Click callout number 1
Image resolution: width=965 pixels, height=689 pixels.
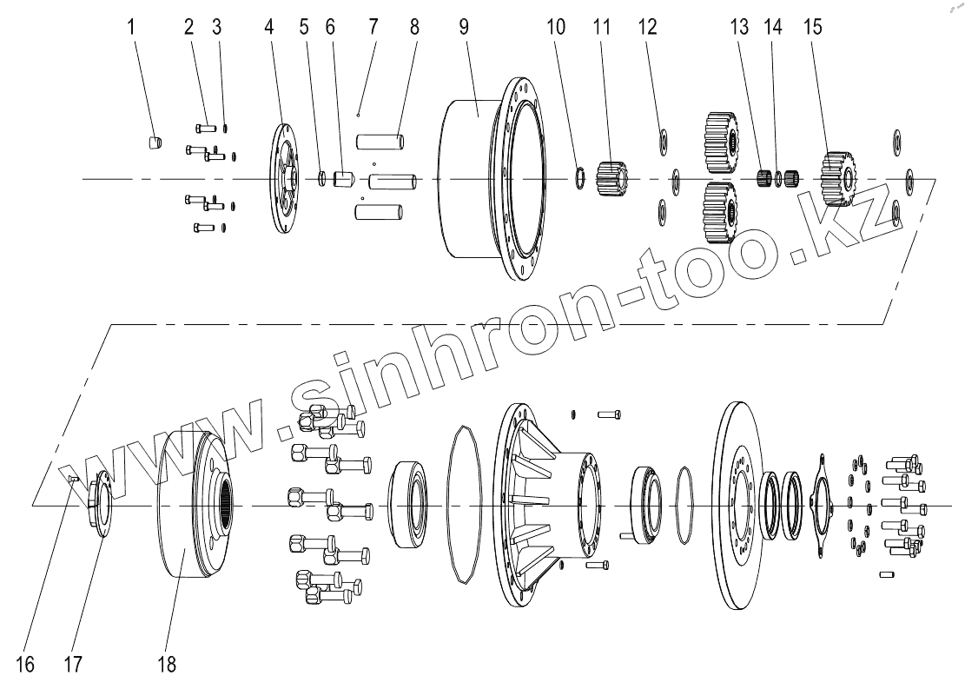(132, 26)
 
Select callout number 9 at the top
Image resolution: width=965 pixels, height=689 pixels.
(464, 26)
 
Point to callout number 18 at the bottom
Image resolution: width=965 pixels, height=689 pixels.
(167, 665)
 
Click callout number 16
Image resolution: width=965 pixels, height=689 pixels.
(25, 665)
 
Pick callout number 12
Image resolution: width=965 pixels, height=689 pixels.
(648, 26)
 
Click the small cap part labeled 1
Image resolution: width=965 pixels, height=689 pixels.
(154, 142)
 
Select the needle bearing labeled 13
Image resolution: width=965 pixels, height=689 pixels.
(765, 179)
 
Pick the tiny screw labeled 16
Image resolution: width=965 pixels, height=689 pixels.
(74, 478)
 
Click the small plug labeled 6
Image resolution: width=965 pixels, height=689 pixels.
(343, 179)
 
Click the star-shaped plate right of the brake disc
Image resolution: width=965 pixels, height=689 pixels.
(820, 503)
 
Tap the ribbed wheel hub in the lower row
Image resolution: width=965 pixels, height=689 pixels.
(547, 504)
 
